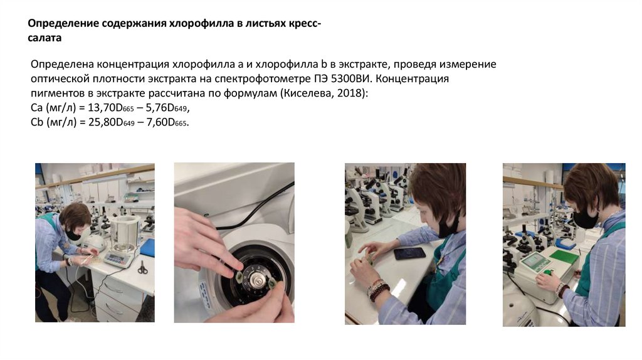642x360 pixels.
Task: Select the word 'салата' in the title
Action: (45, 38)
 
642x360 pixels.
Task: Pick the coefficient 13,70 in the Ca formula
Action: (102, 108)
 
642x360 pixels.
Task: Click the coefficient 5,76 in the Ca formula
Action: (156, 108)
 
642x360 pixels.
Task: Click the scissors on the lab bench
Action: (142, 267)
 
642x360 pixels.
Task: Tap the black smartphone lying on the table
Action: (409, 253)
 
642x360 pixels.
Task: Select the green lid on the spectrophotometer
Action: (564, 257)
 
